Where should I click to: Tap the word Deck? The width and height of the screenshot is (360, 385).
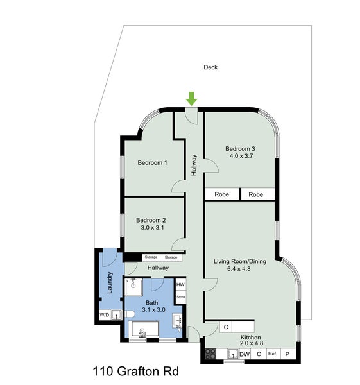(x=210, y=67)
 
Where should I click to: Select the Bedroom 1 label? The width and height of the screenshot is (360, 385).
(x=152, y=162)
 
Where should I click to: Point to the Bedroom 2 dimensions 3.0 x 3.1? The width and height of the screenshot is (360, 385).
(x=152, y=228)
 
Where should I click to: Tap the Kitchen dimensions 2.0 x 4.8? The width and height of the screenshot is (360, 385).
(x=251, y=345)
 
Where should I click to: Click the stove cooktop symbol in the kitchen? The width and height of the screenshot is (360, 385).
(x=210, y=354)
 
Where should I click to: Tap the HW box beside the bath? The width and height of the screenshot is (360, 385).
(x=181, y=285)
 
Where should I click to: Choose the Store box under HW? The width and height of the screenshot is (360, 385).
(x=181, y=297)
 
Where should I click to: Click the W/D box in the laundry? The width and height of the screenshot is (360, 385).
(x=104, y=314)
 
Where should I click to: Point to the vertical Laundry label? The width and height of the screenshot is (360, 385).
(x=110, y=283)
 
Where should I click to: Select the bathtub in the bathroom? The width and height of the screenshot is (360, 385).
(x=146, y=330)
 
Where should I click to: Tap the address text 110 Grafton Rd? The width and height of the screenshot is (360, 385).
(x=134, y=371)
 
